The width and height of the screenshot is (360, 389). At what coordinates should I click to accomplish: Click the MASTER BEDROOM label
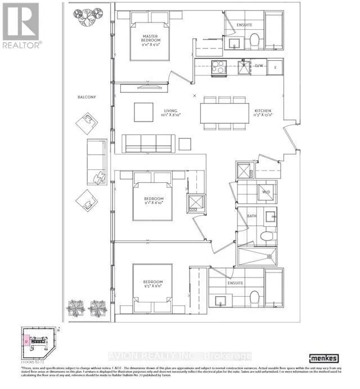point(151,41)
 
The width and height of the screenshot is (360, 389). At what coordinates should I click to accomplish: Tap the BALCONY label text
point(87,97)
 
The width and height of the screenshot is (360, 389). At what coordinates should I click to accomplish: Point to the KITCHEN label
point(263,111)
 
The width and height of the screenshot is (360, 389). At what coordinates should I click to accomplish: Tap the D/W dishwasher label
point(259,66)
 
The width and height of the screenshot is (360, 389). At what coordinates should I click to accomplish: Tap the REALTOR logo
point(21,26)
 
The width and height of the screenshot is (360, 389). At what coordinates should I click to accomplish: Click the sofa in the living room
point(149,144)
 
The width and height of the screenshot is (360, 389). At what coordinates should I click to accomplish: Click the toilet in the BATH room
point(268,235)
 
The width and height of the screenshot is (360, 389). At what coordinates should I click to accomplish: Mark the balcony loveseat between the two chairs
point(94,162)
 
